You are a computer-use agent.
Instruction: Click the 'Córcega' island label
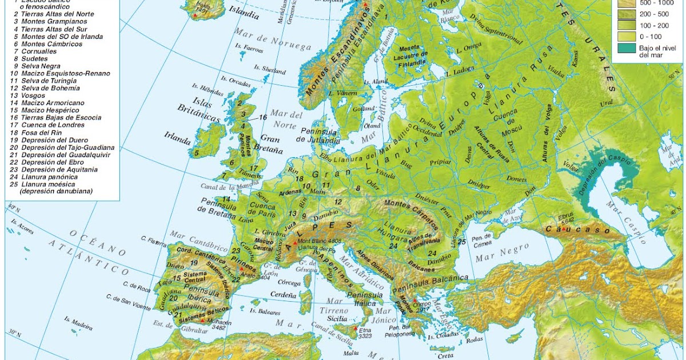click(x=290, y=282)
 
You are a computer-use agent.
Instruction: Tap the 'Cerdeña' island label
click(x=284, y=295)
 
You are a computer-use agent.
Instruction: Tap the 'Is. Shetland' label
click(x=270, y=69)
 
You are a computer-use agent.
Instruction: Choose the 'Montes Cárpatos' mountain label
click(x=411, y=210)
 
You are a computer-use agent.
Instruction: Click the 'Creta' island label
click(x=445, y=355)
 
